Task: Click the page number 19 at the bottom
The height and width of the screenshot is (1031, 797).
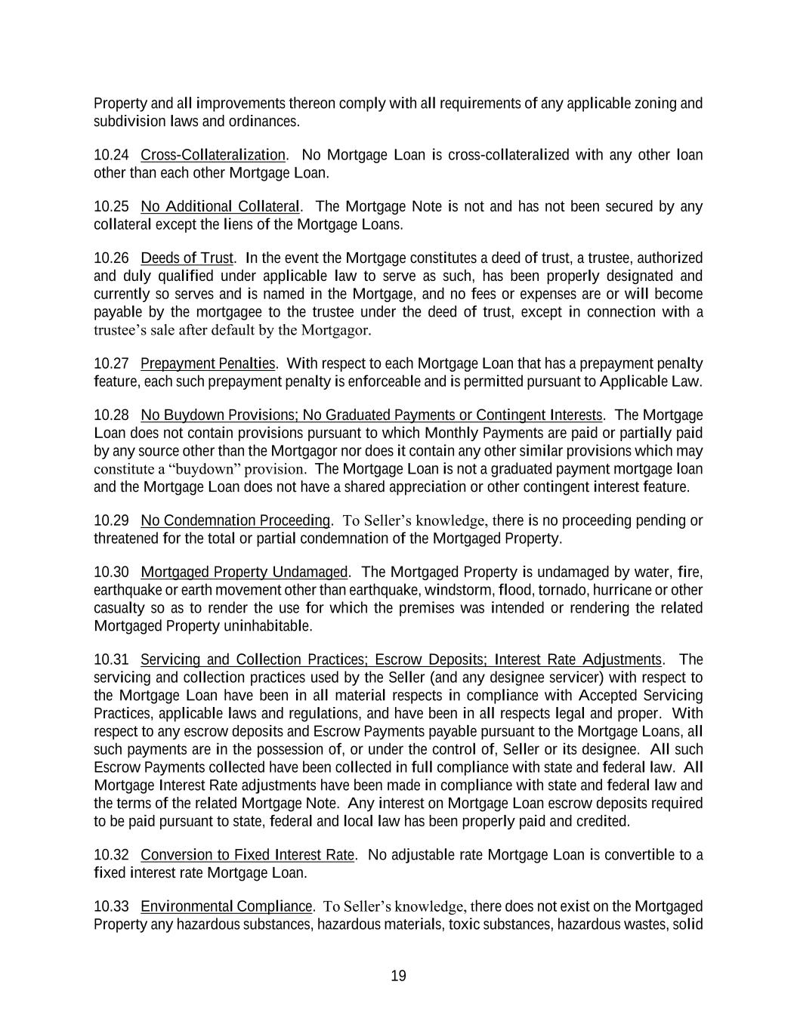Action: (398, 976)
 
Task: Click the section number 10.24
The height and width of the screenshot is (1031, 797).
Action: (111, 155)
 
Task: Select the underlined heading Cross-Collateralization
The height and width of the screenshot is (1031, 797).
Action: (213, 155)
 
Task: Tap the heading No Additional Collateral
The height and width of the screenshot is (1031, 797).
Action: (220, 206)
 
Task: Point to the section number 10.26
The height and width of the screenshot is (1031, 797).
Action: (111, 258)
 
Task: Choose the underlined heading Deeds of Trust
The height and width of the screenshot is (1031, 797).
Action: (187, 258)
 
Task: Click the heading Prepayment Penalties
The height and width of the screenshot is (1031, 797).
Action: (208, 363)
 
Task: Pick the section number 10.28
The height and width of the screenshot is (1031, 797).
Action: (111, 415)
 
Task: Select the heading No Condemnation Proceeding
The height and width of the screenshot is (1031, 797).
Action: (236, 520)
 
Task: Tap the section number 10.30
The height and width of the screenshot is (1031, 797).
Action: (111, 572)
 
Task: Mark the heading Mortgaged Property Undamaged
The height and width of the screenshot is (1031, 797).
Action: (244, 572)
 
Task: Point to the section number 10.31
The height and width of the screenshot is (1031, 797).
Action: (111, 659)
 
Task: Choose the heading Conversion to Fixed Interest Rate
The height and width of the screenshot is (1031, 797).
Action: (247, 855)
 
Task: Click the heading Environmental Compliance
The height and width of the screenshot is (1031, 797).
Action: (226, 906)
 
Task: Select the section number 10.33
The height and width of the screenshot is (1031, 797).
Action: (111, 906)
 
